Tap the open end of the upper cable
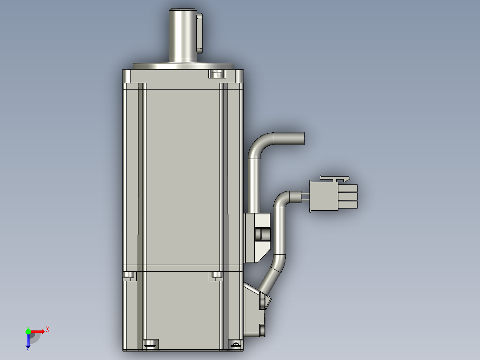[303, 139]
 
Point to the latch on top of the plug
[334, 178]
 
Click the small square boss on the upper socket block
[262, 233]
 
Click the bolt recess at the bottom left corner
[151, 344]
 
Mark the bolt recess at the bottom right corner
[236, 344]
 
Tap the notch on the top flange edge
[216, 74]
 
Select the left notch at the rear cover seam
[129, 275]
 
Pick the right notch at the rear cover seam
[216, 275]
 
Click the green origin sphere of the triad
[28, 331]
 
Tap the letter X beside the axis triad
[48, 329]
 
